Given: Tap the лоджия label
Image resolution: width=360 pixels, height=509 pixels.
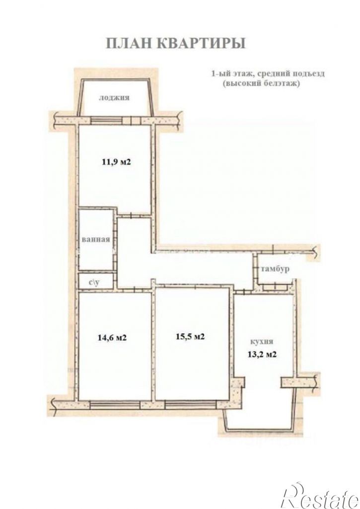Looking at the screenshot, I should coord(114,98).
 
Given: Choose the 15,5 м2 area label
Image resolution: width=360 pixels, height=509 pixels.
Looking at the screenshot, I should coord(191,336).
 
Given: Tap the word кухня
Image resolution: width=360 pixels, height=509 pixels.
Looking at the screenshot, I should coord(261,342).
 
